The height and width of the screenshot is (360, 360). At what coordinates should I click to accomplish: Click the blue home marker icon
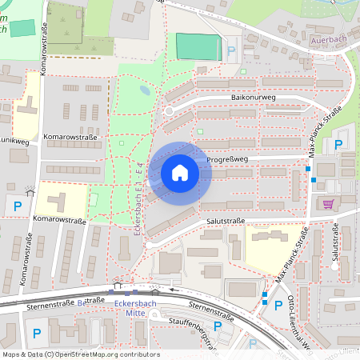(x=180, y=173)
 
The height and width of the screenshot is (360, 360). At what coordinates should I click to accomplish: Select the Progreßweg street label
(x=228, y=158)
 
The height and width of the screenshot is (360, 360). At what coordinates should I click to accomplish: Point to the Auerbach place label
(x=328, y=38)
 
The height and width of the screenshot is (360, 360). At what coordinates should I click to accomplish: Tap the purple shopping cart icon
(x=327, y=203)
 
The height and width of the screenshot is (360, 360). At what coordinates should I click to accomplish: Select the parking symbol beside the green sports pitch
(x=232, y=50)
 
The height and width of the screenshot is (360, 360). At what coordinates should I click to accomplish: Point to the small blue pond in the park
(x=145, y=90)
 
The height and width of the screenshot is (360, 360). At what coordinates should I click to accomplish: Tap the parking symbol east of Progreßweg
(x=338, y=145)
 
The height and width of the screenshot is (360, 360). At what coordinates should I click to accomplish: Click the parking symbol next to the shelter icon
(x=18, y=206)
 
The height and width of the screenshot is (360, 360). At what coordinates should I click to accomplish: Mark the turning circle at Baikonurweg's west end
(x=169, y=111)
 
